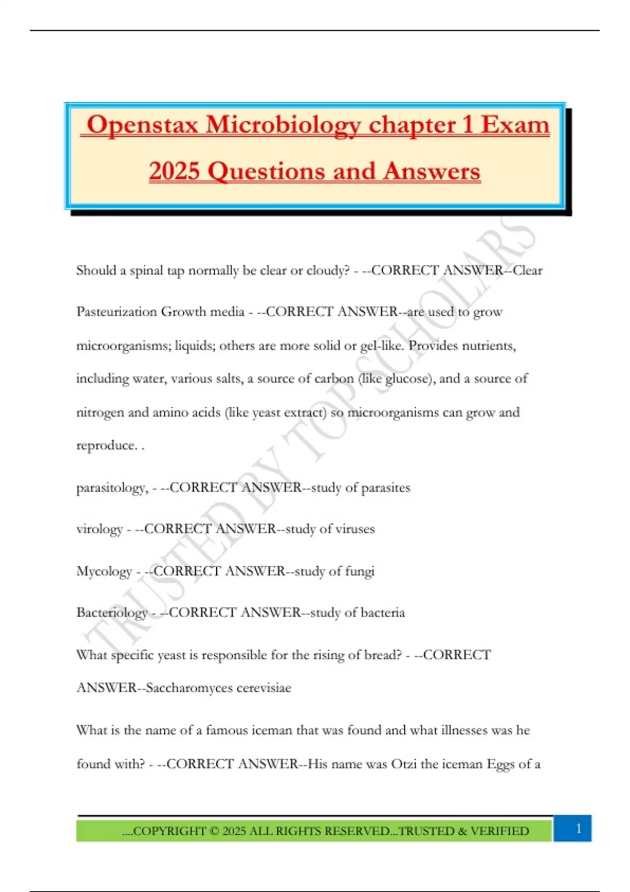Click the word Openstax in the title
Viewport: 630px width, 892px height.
(x=142, y=125)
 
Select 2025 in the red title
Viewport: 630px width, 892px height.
(x=174, y=172)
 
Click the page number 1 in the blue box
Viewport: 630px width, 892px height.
(x=579, y=829)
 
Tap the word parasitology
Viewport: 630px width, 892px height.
(x=112, y=488)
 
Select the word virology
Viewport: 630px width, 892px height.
(x=99, y=529)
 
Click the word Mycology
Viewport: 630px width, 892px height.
(x=104, y=571)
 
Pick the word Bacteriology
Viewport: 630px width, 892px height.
(x=112, y=613)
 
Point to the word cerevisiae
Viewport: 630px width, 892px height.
(x=264, y=688)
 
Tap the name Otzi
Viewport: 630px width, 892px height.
(x=404, y=764)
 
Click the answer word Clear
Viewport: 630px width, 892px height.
(x=528, y=271)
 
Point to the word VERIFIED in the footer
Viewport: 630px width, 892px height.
(x=499, y=831)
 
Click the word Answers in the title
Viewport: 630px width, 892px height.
(x=432, y=172)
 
